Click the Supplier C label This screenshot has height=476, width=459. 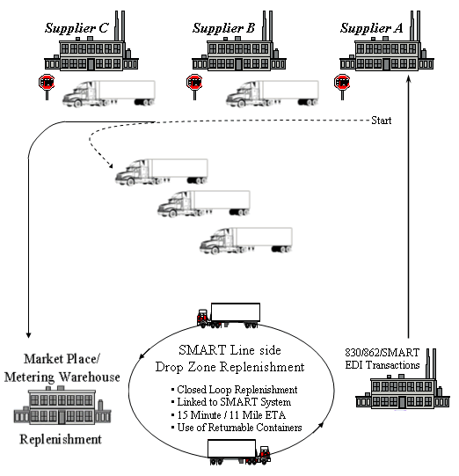point(76,28)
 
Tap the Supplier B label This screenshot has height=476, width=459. point(223,28)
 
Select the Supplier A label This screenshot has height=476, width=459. point(371,28)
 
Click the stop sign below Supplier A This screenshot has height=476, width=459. point(342,86)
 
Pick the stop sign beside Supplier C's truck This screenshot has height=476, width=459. point(47,86)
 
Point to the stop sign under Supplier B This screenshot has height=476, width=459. point(194,86)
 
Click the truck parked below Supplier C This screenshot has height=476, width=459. point(109,93)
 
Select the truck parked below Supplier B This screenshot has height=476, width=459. point(272,93)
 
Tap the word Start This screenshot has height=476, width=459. point(382,121)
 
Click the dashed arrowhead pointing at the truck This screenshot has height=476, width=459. point(111,165)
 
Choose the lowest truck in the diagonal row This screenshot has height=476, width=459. point(246,240)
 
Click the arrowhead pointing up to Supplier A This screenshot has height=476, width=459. point(408,79)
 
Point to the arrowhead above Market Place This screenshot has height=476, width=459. point(28,335)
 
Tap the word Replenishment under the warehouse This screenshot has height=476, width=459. point(61,439)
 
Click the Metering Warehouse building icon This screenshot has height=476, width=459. point(62,405)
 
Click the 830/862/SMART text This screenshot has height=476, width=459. point(382,353)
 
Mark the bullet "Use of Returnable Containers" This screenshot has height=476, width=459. point(237,428)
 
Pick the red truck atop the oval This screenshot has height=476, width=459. point(229,315)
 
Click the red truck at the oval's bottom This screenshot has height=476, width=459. point(239,452)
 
